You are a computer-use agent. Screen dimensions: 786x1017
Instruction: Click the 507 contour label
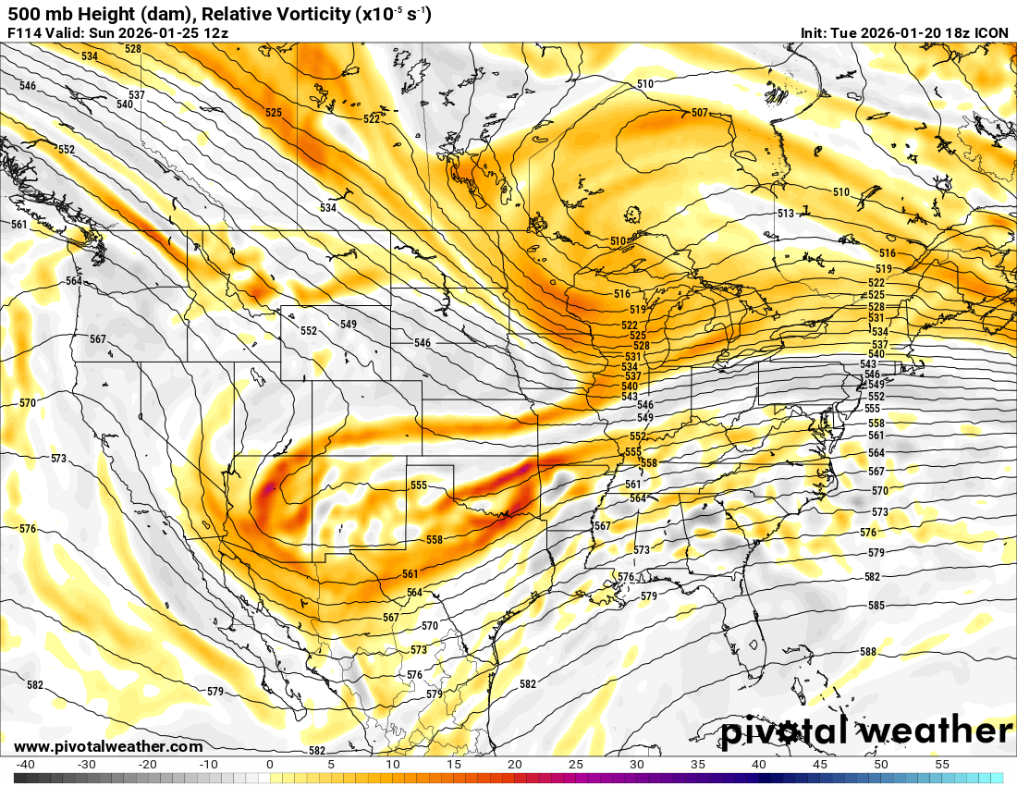tap(699, 113)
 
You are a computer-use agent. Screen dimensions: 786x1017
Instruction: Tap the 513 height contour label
tap(785, 214)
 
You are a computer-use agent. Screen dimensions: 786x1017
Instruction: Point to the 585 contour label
tap(876, 606)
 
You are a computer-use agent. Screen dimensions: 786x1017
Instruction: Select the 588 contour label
tap(867, 652)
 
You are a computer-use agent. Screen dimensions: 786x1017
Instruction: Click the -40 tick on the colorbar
tap(26, 765)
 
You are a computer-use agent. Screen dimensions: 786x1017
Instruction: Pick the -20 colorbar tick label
tap(148, 765)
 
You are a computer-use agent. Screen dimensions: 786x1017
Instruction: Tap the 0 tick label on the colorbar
tap(270, 765)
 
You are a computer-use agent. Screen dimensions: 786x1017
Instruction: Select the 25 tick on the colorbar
tap(576, 765)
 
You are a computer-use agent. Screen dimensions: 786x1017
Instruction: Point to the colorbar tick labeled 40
tap(759, 765)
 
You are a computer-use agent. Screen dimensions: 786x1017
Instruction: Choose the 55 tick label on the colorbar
tap(942, 765)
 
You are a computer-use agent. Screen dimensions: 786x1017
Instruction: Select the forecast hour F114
tap(23, 33)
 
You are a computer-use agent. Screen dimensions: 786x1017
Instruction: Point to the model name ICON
tap(992, 33)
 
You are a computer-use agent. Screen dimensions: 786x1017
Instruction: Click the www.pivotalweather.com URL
tap(108, 746)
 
